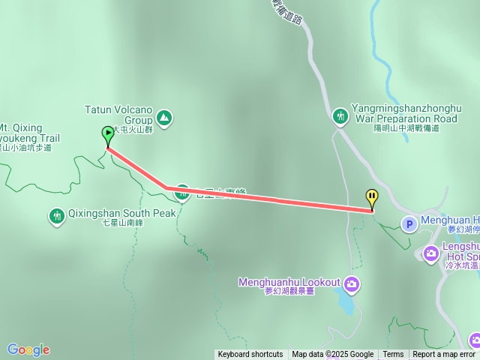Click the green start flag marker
point(108,135)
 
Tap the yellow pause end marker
point(372,198)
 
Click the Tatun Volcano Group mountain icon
point(164,118)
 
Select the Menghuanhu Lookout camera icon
point(352,283)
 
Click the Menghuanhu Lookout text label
point(289,283)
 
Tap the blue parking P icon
point(409,223)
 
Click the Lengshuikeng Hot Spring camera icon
point(431,253)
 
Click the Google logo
point(28,349)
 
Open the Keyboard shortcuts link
point(250,355)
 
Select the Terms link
point(393,355)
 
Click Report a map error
point(444,355)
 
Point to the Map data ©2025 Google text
point(332,355)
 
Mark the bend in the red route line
point(166,187)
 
